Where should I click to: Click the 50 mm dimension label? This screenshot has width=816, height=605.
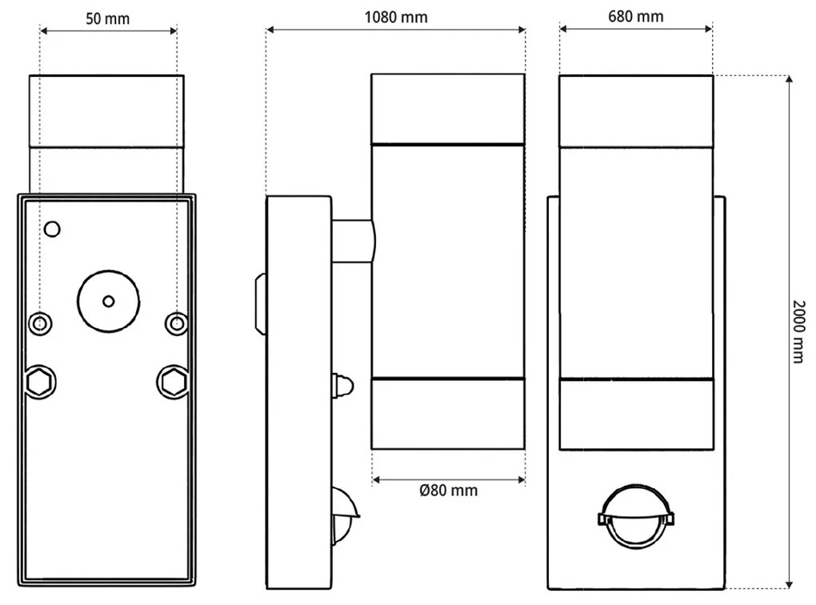tap(107, 18)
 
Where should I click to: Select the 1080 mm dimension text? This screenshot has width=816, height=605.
tap(395, 18)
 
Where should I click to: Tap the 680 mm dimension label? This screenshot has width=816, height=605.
tap(635, 17)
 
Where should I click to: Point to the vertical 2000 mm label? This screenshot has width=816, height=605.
tap(799, 331)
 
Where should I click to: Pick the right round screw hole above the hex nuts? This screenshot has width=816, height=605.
tap(176, 323)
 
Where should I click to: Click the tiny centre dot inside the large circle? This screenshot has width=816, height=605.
tap(109, 301)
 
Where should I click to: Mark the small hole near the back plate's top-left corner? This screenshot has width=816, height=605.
tap(52, 230)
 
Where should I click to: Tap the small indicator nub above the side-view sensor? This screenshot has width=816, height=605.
tap(341, 385)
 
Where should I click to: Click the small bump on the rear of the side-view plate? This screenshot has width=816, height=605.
tap(260, 304)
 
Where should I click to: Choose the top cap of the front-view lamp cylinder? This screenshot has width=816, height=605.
tap(636, 110)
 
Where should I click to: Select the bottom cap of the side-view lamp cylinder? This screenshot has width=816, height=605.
tap(448, 414)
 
